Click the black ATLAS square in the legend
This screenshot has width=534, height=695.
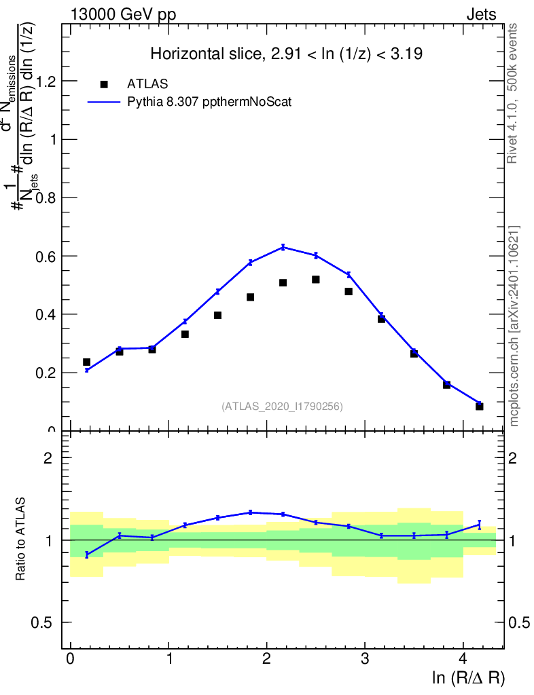click(x=104, y=84)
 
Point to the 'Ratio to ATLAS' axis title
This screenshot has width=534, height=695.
click(x=21, y=540)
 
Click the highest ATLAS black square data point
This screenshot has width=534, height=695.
click(x=316, y=280)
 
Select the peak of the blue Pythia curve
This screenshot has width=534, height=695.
click(x=283, y=247)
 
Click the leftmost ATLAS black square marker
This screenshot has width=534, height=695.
click(x=87, y=362)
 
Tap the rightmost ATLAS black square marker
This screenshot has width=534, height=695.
click(x=479, y=406)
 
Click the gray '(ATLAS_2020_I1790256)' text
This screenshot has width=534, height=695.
click(x=282, y=407)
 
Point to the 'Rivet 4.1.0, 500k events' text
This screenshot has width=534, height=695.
click(x=514, y=93)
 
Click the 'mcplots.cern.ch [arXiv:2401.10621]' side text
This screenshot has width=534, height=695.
click(x=514, y=326)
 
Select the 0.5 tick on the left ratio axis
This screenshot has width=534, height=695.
click(x=48, y=623)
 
